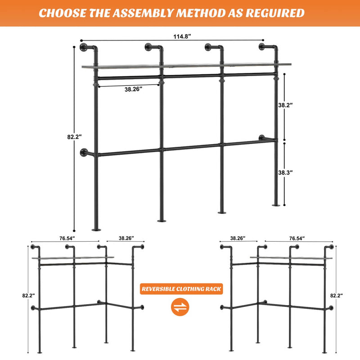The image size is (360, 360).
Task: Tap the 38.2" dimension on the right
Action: [286, 105]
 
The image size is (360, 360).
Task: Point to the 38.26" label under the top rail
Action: [133, 90]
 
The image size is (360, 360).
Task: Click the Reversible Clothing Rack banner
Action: [181, 289]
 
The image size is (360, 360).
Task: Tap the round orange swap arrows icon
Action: [181, 307]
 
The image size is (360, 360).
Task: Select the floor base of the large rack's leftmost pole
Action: [96, 229]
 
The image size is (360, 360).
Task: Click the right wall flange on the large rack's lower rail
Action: [262, 138]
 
